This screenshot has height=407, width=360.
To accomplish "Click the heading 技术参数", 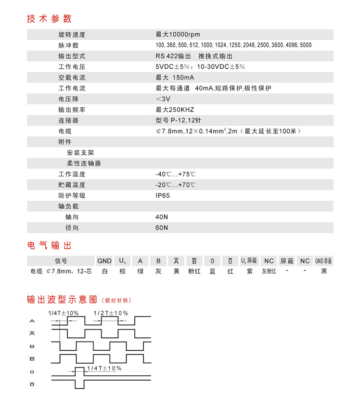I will tap(49, 19).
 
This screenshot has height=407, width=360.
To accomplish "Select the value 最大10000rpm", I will tap(178, 35).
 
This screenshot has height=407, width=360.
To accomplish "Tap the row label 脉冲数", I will tap(68, 45).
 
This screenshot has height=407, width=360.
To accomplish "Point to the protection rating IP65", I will tap(163, 195).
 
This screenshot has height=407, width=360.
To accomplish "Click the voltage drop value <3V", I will tap(163, 99).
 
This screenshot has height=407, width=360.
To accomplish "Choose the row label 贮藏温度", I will tap(72, 185).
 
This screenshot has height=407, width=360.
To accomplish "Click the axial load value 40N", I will tap(162, 217).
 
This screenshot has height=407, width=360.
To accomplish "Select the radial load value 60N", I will tap(162, 228).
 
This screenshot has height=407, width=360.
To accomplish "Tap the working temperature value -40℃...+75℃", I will tap(175, 174).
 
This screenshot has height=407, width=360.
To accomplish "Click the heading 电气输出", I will tap(49, 246).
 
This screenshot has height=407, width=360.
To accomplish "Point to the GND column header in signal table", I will tap(104, 261).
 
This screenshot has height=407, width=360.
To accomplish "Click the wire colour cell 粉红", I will tap(194, 271).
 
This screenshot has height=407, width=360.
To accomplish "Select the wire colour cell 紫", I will tap(249, 271).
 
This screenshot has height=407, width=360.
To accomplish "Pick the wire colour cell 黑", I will tap(324, 271).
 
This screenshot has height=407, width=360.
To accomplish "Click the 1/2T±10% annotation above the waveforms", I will tap(111, 313).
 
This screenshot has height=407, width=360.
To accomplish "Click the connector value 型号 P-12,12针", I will tap(179, 120).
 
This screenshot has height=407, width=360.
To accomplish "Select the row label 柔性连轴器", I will tap(84, 163).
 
